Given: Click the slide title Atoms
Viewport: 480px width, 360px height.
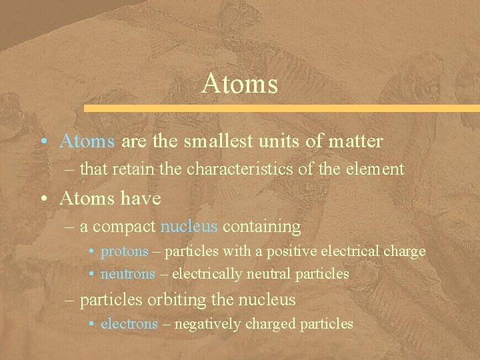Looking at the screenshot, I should (239, 85).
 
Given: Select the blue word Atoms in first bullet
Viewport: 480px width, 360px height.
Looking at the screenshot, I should (87, 141).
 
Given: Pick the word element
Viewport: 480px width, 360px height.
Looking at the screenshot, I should (375, 169).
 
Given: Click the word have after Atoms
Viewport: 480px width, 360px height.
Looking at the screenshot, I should (139, 199).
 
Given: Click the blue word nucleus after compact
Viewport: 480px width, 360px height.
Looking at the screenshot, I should (189, 227).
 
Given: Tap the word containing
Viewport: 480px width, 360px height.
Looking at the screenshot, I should (261, 227).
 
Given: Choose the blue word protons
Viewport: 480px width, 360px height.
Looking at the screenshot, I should (124, 251).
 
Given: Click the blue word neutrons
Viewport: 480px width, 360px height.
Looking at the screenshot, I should (127, 273).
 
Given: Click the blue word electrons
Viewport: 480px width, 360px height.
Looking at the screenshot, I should (129, 324).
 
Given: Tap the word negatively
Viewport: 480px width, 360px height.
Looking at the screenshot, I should (206, 324).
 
